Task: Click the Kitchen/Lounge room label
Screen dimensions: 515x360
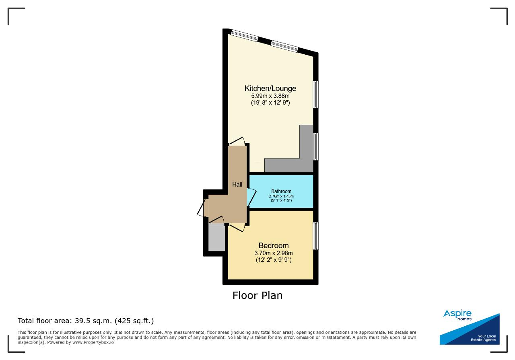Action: (x=270, y=88)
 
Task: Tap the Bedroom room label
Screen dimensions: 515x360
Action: (x=274, y=245)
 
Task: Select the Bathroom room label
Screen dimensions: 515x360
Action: (x=281, y=191)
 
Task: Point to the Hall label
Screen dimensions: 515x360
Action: (x=237, y=184)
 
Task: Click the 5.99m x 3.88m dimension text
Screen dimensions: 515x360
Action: (x=270, y=96)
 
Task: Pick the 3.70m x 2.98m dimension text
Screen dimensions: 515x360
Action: (x=274, y=253)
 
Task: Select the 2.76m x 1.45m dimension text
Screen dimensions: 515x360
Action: (x=281, y=196)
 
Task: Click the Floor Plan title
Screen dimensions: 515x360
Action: (x=257, y=295)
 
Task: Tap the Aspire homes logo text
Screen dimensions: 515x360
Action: (x=457, y=315)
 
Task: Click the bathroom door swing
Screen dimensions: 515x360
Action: (x=252, y=197)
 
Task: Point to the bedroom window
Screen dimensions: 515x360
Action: (x=316, y=236)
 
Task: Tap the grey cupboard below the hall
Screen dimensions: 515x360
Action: (x=216, y=237)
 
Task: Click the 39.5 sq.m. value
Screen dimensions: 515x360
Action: (x=93, y=321)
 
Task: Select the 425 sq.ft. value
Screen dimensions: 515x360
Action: (x=134, y=321)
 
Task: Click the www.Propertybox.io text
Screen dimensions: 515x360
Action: (x=93, y=342)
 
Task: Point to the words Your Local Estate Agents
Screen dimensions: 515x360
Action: (x=483, y=338)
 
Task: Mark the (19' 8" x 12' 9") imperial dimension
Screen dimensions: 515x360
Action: (x=270, y=103)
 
